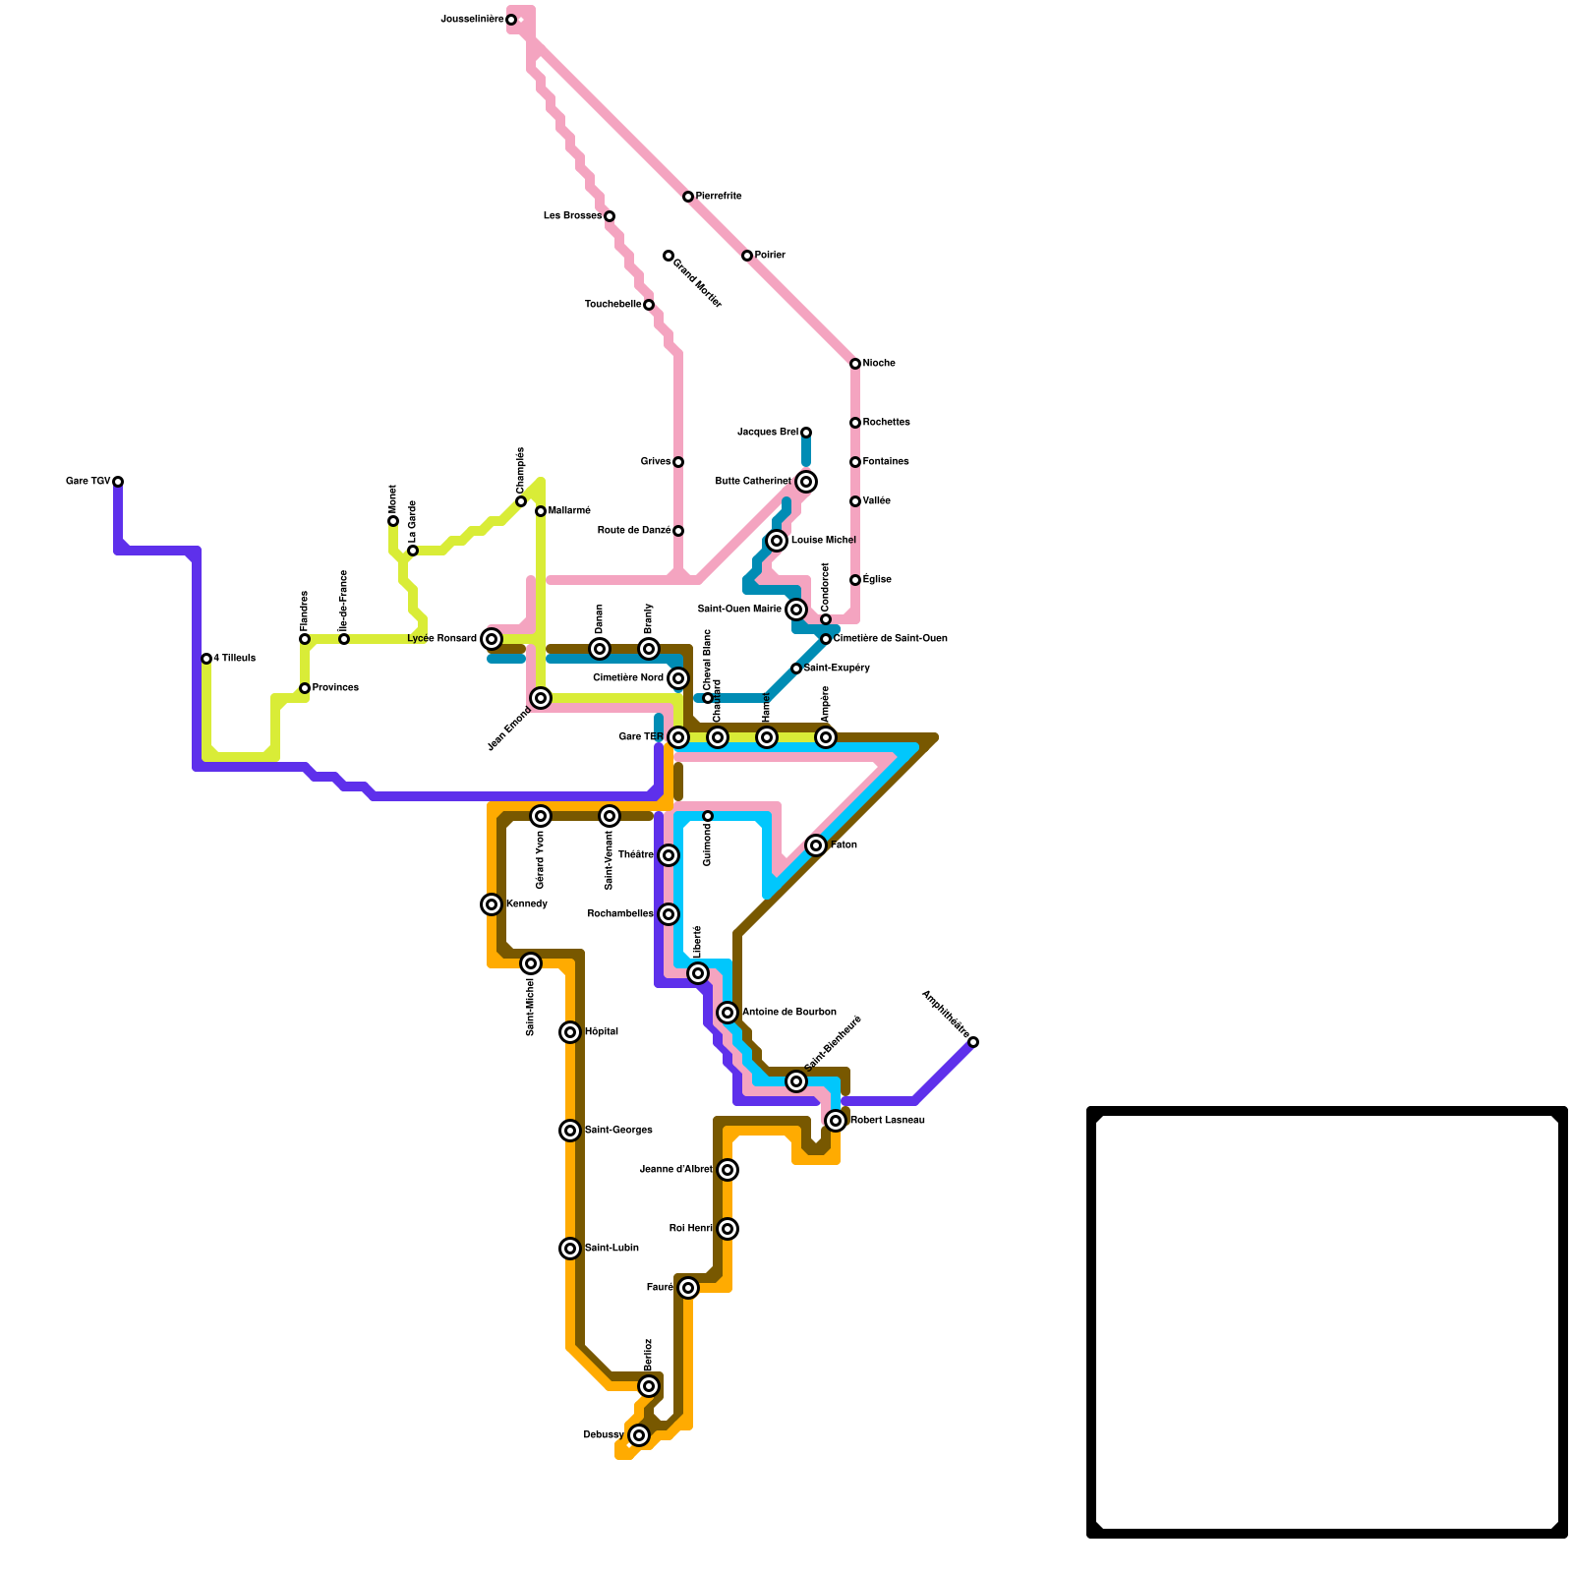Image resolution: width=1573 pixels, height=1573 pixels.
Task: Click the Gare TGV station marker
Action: point(118,482)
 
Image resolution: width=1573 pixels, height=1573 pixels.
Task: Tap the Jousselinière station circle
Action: point(511,20)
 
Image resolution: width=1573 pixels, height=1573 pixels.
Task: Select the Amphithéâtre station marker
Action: point(973,1042)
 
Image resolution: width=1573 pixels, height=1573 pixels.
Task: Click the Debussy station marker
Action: point(639,1435)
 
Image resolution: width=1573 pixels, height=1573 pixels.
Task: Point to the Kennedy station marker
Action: point(492,904)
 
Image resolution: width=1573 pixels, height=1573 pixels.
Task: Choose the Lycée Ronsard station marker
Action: point(492,639)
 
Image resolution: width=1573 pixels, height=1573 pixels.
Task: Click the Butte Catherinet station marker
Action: point(806,482)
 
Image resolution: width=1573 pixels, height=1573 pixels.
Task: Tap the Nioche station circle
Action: point(855,364)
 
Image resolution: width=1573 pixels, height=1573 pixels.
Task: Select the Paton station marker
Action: point(816,845)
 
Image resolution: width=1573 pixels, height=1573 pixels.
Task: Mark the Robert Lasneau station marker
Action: point(836,1121)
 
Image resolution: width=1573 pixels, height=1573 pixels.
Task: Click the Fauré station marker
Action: point(688,1288)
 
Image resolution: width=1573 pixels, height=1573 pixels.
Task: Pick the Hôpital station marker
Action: point(570,1032)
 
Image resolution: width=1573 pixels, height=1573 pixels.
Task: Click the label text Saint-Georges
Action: point(618,1131)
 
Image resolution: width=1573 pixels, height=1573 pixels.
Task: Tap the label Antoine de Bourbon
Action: point(788,1013)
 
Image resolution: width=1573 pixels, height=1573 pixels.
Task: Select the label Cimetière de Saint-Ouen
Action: point(890,639)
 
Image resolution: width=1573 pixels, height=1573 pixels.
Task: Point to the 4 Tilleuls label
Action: point(234,659)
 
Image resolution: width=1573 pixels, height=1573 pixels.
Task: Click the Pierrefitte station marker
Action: point(688,197)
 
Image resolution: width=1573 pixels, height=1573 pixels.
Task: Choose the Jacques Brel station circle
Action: point(806,433)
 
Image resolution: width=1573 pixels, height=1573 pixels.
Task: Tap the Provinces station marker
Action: point(305,688)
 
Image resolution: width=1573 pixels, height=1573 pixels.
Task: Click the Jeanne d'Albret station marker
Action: point(728,1170)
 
